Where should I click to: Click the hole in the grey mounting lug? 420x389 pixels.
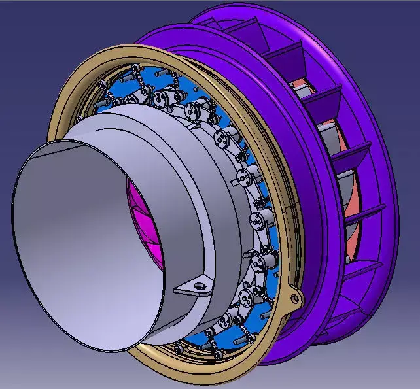pyautogui.click(x=195, y=286)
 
